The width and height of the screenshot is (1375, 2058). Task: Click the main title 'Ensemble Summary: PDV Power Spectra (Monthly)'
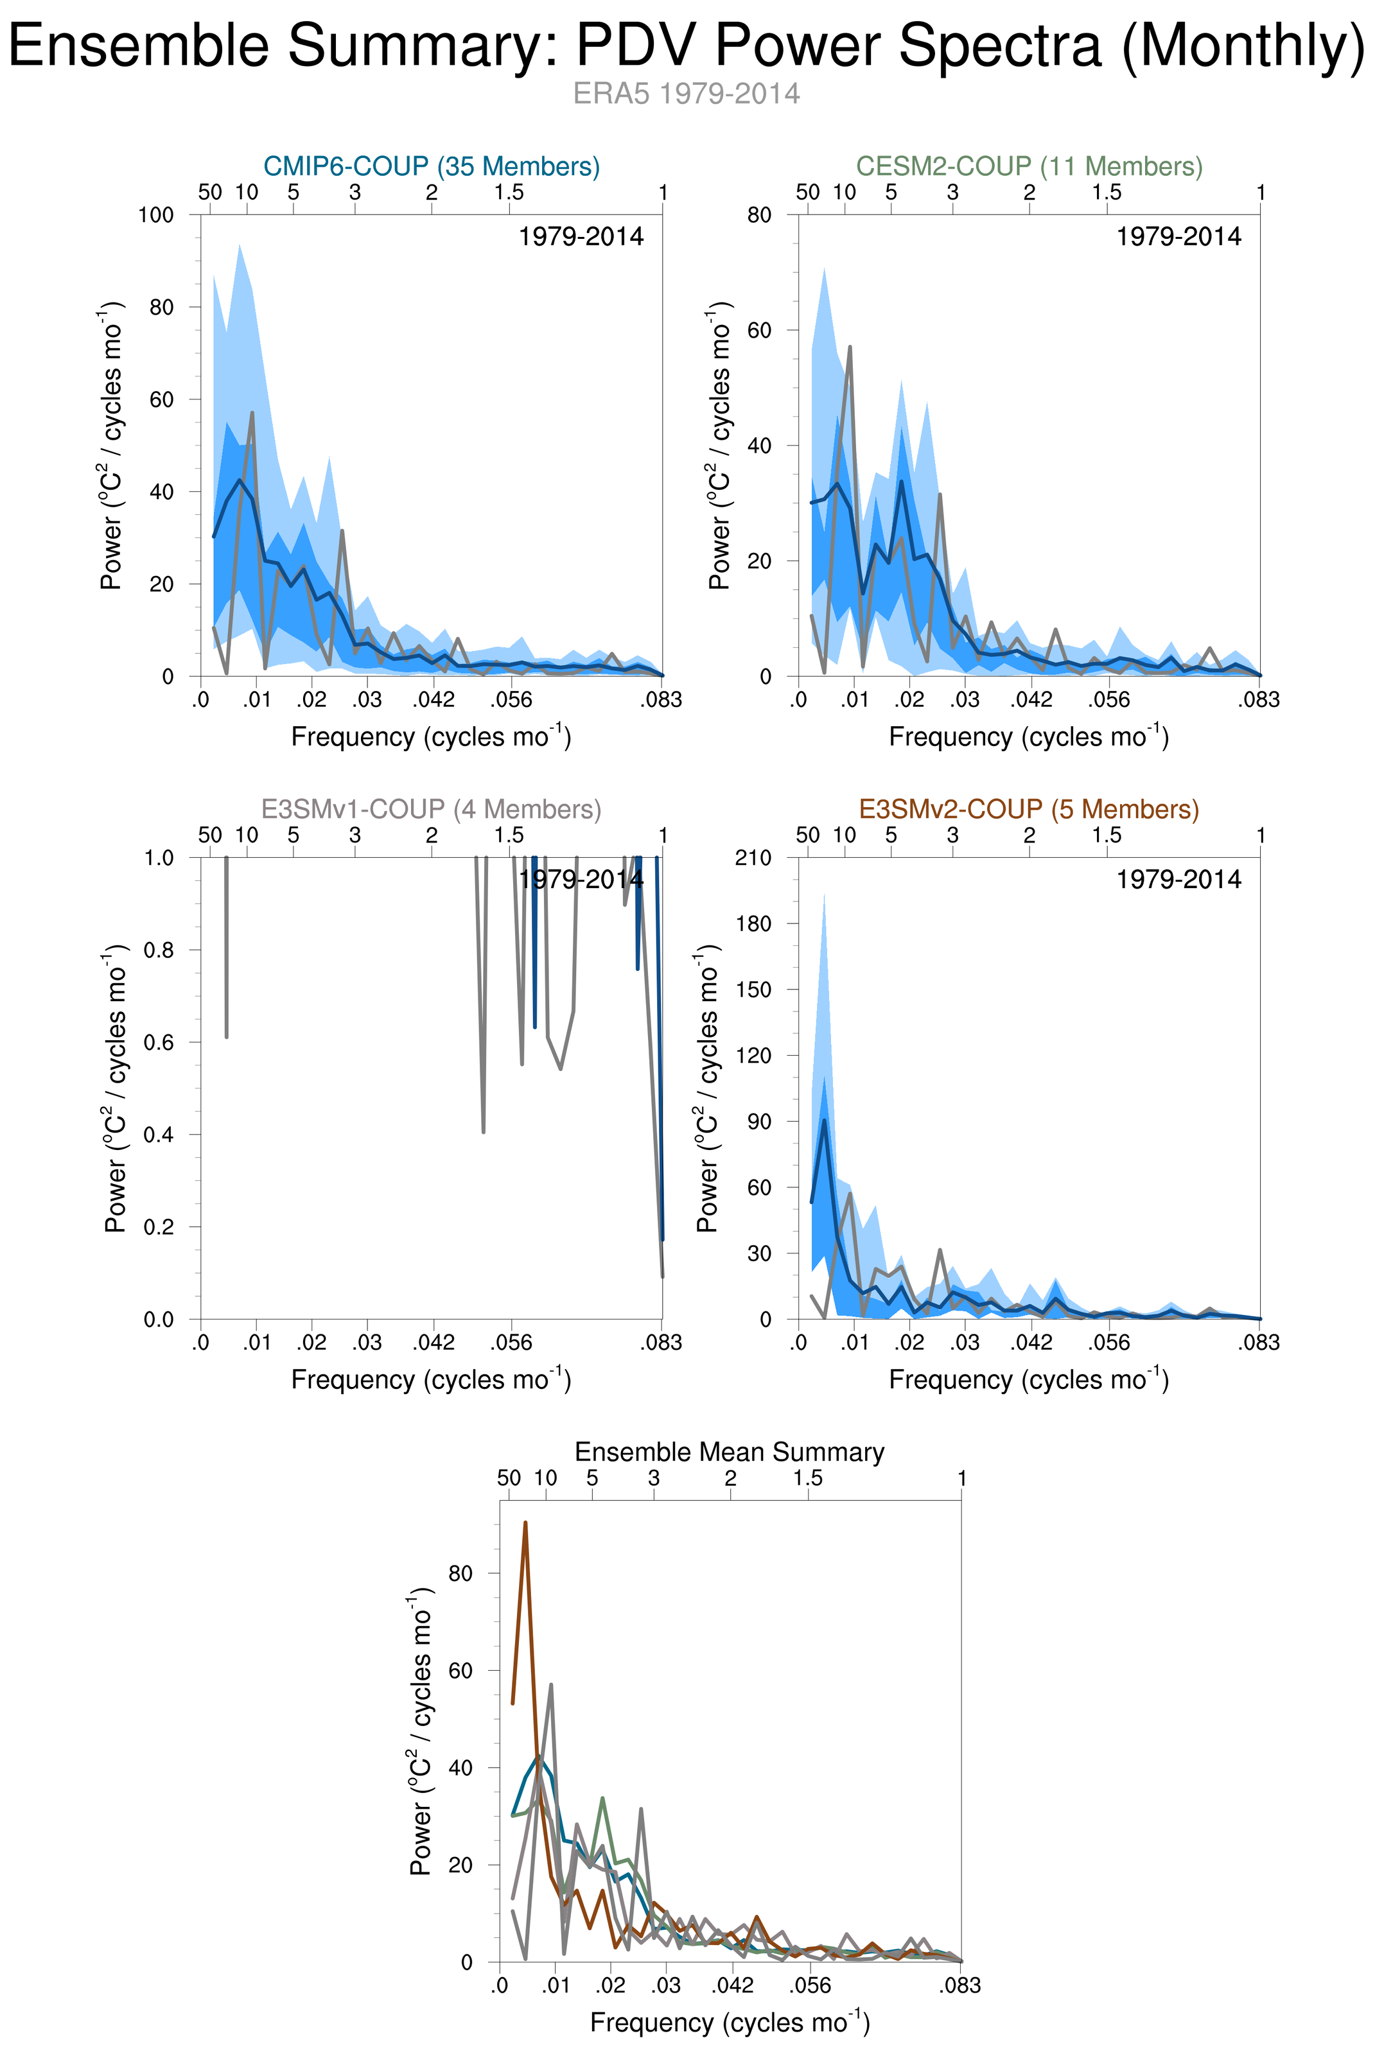[687, 46]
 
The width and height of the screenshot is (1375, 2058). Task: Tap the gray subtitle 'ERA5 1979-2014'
[687, 94]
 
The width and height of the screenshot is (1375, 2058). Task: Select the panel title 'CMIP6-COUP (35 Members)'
[432, 166]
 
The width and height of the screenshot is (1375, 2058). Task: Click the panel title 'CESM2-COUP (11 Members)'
[1029, 166]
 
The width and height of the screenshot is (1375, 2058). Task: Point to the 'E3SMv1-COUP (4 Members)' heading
[432, 808]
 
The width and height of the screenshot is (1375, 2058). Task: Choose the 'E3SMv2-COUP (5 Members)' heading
[1029, 808]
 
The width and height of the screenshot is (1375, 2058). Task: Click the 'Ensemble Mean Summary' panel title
[730, 1451]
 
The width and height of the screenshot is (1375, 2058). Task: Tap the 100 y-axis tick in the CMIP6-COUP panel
[156, 215]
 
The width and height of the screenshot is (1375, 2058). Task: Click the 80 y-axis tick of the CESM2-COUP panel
[759, 215]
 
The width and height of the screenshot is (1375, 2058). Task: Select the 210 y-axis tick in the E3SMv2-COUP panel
[753, 858]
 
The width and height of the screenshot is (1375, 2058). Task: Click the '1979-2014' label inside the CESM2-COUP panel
[1178, 237]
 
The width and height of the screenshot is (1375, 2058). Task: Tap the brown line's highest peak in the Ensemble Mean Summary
[525, 1522]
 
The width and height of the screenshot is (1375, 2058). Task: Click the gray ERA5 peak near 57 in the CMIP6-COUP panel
[252, 413]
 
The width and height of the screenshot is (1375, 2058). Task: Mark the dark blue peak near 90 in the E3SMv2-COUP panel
[825, 1121]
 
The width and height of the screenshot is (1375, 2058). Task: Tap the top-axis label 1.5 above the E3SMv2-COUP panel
[1107, 835]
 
